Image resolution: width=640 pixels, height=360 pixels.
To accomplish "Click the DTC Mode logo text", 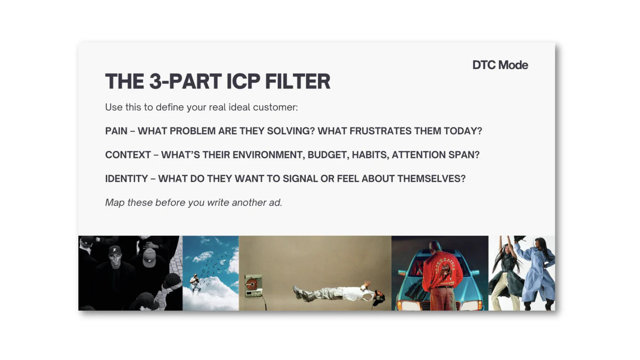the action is [500, 65].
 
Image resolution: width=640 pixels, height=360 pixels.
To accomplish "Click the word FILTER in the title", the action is [298, 81].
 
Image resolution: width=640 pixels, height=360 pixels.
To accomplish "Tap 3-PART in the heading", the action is [185, 81].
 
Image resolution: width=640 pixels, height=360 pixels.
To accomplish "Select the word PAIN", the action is [116, 131].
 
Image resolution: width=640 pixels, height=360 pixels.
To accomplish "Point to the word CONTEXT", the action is [128, 155].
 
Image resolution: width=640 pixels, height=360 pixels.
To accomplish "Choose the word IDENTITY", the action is [126, 179].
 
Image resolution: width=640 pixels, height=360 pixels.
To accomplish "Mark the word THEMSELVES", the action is [431, 179].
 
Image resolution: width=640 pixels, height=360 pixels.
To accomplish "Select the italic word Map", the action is [115, 203].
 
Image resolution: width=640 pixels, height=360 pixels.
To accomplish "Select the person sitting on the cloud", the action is [195, 282].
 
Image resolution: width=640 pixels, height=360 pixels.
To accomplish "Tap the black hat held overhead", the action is [519, 238].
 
